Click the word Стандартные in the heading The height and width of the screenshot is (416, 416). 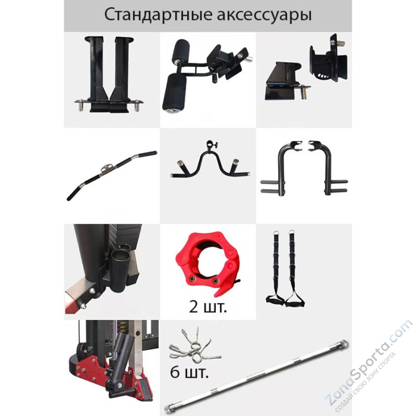pos(154,15)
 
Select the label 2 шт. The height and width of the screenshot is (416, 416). pos(208,308)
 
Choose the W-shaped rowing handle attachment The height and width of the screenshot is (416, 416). pos(207,167)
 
